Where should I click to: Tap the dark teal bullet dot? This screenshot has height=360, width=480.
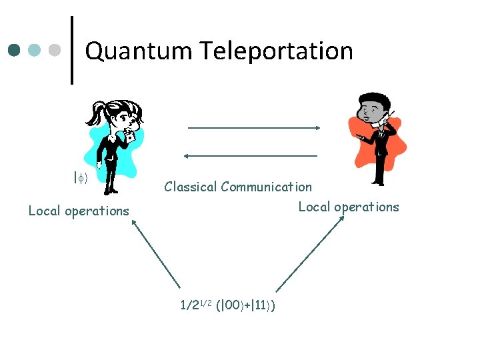(15, 50)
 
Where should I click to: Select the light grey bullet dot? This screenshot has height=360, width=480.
(56, 50)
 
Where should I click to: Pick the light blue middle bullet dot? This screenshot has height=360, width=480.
(35, 50)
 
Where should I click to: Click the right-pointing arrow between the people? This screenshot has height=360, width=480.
(254, 127)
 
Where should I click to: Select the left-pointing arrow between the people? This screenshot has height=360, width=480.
(251, 155)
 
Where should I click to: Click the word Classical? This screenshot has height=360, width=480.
(191, 187)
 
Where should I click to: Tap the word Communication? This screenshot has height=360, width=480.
(266, 187)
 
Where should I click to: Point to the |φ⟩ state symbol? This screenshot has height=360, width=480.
(81, 178)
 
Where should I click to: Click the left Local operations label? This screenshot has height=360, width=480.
(79, 211)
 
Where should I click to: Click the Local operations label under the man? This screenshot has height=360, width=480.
(349, 207)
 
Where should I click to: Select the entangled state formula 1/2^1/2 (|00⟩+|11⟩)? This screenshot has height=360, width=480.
(229, 306)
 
